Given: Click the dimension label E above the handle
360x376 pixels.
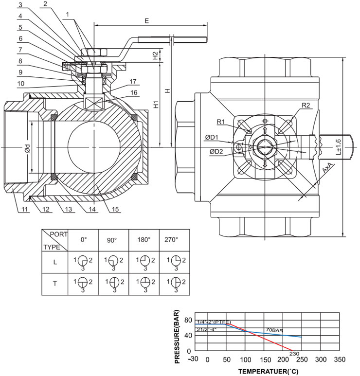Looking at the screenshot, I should click(x=146, y=21).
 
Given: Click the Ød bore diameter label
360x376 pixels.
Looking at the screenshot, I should click(x=28, y=147).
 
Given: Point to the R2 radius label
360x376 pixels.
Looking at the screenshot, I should click(x=305, y=106).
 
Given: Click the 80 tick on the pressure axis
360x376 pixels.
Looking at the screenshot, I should click(x=189, y=319).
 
